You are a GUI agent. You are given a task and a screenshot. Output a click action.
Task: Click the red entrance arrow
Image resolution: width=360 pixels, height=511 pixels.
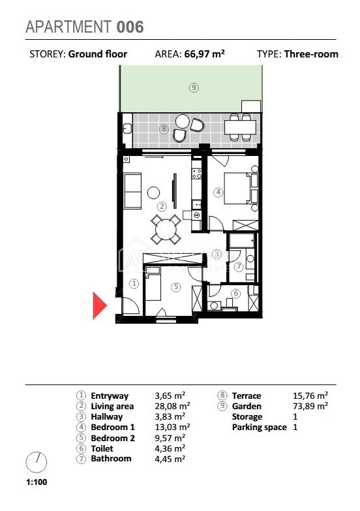pyautogui.click(x=99, y=305)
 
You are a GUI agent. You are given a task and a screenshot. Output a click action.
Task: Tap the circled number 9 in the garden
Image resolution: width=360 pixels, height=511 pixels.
pyautogui.click(x=194, y=87)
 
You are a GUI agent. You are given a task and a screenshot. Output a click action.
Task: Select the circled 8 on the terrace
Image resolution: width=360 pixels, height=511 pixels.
pyautogui.click(x=164, y=129)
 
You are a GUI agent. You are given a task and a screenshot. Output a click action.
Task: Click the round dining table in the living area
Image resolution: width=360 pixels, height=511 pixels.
pyautogui.click(x=166, y=230)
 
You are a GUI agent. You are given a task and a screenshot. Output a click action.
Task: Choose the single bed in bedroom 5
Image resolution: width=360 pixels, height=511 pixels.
pyautogui.click(x=153, y=283)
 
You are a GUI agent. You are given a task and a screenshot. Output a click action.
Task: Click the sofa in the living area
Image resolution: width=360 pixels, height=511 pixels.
pyautogui.click(x=132, y=191)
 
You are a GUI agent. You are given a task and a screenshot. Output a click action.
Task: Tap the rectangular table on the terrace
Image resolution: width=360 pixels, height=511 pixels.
pyautogui.click(x=241, y=127)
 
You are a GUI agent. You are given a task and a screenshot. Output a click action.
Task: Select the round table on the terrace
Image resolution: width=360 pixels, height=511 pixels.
pyautogui.click(x=183, y=121)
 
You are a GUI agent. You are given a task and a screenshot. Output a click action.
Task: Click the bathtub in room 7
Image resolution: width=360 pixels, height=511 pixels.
pyautogui.click(x=242, y=240)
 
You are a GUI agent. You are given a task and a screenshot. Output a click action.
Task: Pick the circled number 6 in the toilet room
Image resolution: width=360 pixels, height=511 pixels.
pyautogui.click(x=236, y=293)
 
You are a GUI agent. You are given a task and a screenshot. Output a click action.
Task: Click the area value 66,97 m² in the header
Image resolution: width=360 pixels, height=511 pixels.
pyautogui.click(x=204, y=54)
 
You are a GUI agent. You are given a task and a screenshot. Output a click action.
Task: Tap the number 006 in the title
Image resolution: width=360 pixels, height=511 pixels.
pyautogui.click(x=130, y=27)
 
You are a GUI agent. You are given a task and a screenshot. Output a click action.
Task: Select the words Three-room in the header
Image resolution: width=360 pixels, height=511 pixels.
pyautogui.click(x=311, y=54)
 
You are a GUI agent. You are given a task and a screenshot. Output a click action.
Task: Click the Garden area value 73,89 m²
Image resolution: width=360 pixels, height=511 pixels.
pyautogui.click(x=310, y=406)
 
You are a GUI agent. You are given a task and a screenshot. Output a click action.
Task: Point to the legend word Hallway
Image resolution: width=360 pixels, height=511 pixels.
pyautogui.click(x=107, y=416)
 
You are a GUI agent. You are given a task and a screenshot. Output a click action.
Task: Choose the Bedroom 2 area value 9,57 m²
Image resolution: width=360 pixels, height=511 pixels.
pyautogui.click(x=170, y=438)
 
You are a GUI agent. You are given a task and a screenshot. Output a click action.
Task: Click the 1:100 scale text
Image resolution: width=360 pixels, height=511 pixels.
pyautogui.click(x=37, y=482)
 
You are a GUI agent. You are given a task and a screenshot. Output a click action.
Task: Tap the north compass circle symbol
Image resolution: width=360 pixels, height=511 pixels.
pyautogui.click(x=37, y=462)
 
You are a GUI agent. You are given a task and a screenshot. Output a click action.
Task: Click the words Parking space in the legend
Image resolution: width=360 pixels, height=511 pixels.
pyautogui.click(x=260, y=427)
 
